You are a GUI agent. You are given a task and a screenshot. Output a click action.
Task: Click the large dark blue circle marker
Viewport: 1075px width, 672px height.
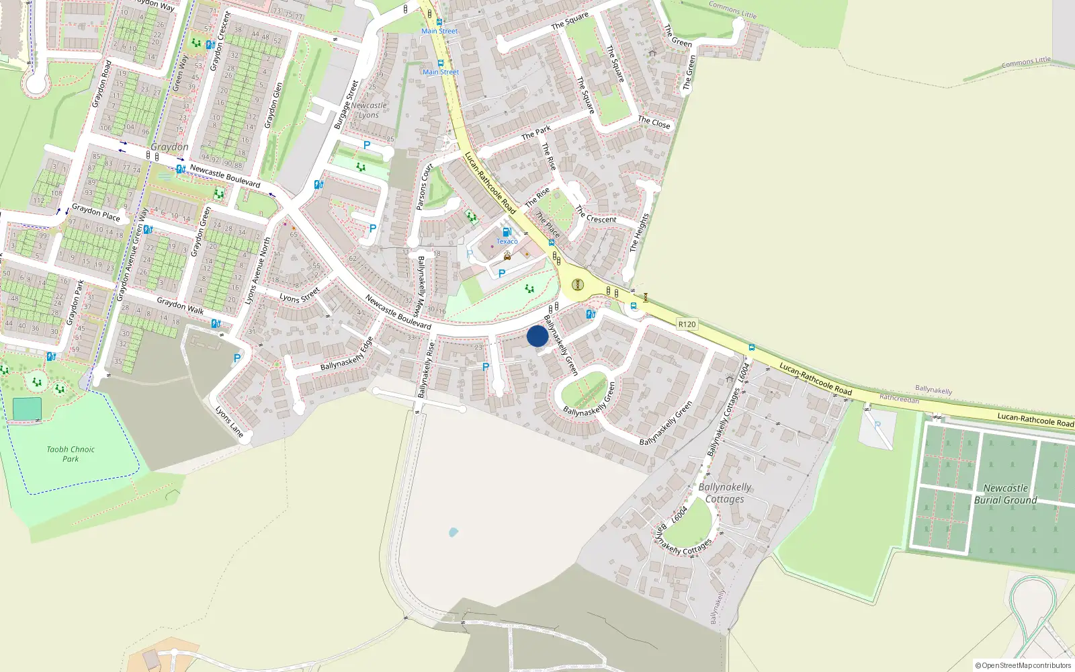tap(537, 336)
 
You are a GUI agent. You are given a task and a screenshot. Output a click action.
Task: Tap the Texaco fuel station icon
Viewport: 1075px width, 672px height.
tap(507, 232)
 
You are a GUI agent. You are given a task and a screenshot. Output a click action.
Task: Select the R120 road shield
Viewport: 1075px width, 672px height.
tap(687, 324)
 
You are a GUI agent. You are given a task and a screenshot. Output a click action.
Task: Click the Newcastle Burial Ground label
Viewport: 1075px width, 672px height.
tap(1005, 494)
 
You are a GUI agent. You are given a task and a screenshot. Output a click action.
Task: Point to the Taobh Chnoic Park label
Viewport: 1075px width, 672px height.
tap(71, 454)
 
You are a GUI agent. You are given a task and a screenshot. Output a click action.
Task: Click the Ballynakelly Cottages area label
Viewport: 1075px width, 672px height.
tap(724, 493)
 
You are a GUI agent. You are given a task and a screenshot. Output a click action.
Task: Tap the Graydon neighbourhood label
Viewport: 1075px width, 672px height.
tap(169, 146)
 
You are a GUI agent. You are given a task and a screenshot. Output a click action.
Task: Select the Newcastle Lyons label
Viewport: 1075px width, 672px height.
tap(368, 110)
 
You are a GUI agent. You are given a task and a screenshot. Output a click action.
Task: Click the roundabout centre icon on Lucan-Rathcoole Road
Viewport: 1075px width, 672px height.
tap(577, 284)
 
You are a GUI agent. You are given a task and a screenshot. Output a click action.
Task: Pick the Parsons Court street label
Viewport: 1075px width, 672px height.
tap(423, 187)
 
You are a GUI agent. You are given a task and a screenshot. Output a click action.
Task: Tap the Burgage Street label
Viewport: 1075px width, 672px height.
tap(347, 105)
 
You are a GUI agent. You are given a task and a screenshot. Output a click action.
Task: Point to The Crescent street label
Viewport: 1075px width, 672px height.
tap(595, 215)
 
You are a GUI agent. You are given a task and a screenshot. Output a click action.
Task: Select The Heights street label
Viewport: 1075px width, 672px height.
tap(639, 233)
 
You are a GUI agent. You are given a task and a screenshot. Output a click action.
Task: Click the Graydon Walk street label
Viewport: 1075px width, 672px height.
tap(180, 306)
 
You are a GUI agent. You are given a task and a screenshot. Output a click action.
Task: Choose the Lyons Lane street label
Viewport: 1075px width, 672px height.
tap(229, 421)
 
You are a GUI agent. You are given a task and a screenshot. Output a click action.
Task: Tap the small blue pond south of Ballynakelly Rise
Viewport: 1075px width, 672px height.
tap(453, 532)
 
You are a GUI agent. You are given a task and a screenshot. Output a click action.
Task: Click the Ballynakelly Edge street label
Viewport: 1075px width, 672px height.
tap(347, 355)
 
